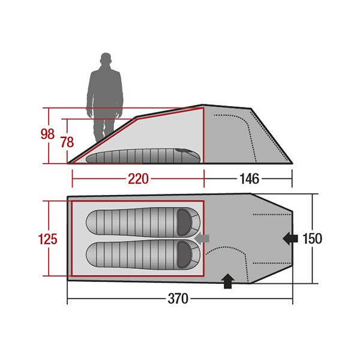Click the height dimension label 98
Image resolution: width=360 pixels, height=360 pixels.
tap(47, 134)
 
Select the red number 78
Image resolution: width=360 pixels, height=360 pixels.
tap(67, 142)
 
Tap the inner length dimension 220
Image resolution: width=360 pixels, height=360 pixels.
tap(138, 179)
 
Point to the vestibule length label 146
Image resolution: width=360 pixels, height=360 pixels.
tap(250, 179)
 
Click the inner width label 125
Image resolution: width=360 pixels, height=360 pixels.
tap(48, 239)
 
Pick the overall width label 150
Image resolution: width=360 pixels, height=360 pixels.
tap(312, 239)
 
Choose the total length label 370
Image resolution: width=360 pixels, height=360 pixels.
tap(178, 299)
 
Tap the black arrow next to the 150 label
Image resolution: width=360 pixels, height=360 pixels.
tap(290, 239)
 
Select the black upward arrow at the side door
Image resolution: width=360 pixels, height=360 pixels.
tap(227, 281)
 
